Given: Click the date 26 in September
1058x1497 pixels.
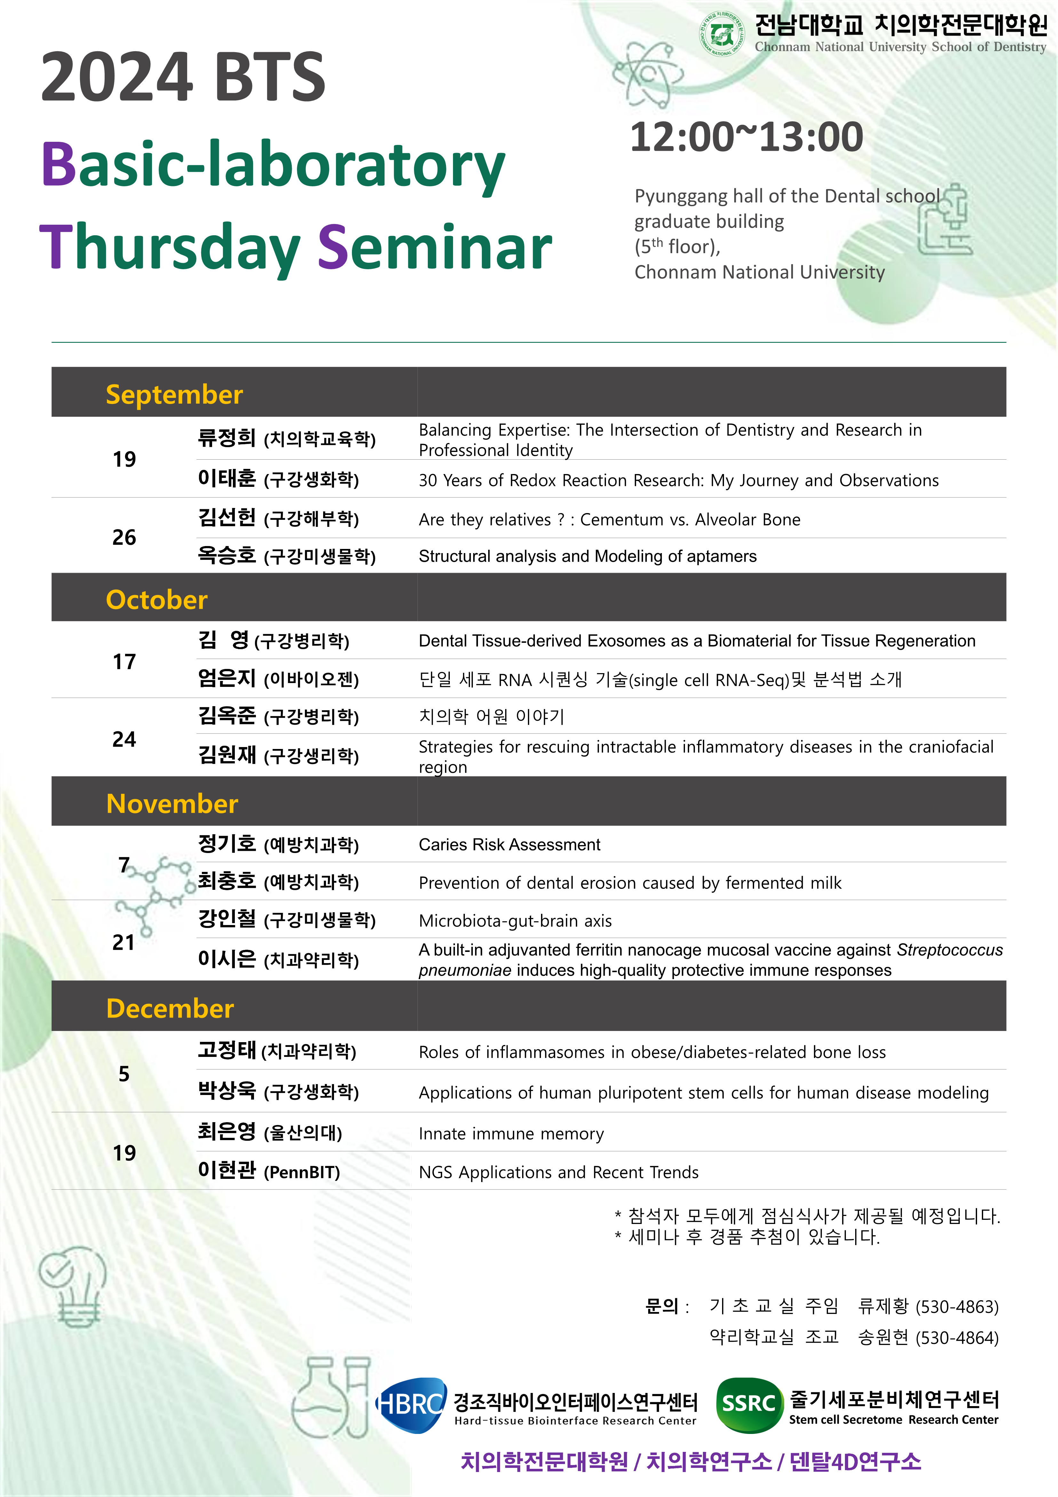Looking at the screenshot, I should coord(124,537).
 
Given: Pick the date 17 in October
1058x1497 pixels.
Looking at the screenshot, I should coord(124,662).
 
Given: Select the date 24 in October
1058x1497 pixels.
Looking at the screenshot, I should coord(124,739).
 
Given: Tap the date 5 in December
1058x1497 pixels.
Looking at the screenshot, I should coord(124,1074).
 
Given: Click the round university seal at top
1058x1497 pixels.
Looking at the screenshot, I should coord(721,33).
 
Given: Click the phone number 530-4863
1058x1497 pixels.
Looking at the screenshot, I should coord(957,1307).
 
